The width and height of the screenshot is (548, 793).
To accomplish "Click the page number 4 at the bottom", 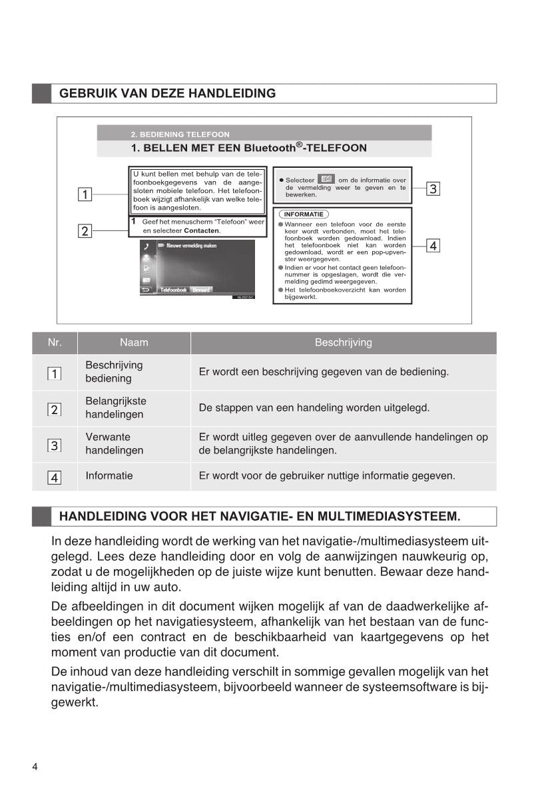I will (35, 766).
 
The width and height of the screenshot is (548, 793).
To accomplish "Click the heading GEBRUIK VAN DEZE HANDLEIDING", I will (167, 93).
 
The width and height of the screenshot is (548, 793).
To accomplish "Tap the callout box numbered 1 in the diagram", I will (85, 194).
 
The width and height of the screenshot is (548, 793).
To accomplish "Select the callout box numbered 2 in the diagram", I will (85, 232).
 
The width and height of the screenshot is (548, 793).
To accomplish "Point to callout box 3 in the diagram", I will (433, 188).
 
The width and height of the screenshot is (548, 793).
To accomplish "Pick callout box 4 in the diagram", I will (433, 246).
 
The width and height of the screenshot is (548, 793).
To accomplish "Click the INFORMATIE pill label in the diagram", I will (304, 214).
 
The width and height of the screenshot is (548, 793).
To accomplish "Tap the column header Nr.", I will (55, 343).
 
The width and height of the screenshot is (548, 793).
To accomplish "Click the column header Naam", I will (134, 343).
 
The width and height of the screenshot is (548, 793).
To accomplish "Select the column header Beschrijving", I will (343, 343).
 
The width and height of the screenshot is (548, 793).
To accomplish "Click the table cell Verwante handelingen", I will (114, 444).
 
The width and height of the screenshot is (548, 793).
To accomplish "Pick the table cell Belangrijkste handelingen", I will (115, 408).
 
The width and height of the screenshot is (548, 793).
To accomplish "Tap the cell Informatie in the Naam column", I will (109, 476).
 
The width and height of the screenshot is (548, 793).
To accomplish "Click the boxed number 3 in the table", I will (55, 445).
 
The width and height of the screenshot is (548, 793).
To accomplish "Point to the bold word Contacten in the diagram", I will (202, 230).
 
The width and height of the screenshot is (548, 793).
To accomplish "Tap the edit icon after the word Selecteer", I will (326, 179).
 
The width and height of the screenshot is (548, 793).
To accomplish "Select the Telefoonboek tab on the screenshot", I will (173, 290).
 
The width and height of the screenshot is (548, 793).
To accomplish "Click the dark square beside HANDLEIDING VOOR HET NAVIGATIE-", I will (41, 516).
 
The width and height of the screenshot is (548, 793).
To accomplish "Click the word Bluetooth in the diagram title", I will (269, 148).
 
